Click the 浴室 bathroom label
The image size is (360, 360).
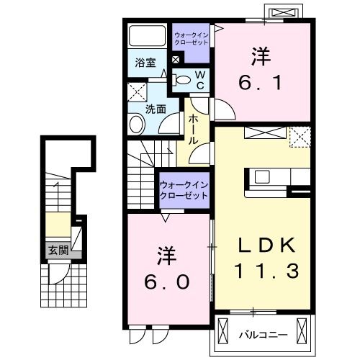point(145,63)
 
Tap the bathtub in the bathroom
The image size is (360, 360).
point(148,35)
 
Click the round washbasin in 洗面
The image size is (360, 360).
point(137,125)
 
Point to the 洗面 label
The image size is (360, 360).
point(156,109)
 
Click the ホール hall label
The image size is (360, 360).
point(194,130)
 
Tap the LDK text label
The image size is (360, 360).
point(266,245)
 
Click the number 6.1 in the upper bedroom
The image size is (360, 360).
point(260,82)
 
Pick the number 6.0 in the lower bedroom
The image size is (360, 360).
point(166,282)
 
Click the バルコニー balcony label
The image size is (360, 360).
point(263,334)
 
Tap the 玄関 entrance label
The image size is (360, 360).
point(58,251)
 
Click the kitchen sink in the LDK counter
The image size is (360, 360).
point(262,176)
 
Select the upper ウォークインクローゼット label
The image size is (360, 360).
point(192,39)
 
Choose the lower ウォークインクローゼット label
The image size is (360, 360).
point(184,190)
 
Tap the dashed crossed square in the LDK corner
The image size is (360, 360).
point(300,137)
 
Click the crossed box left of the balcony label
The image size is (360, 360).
point(222,332)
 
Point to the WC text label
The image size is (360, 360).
point(200,80)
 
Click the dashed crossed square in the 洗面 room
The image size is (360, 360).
point(137,92)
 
